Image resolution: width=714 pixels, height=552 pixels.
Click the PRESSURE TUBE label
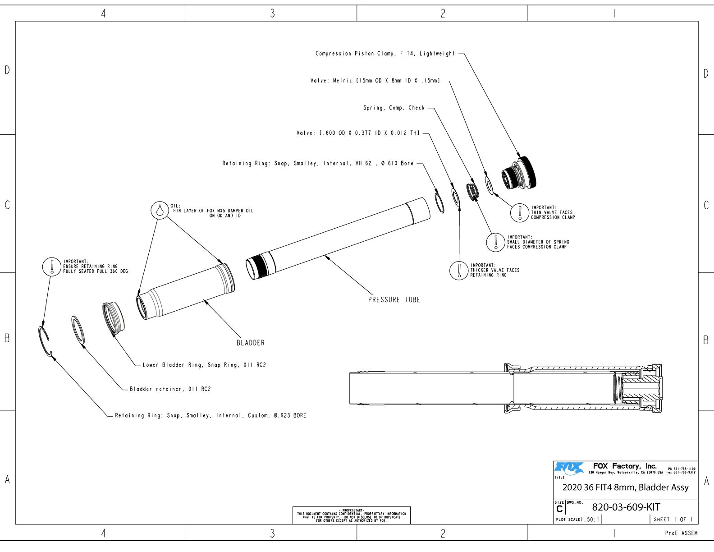point(394,299)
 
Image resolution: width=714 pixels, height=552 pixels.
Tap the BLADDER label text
point(250,343)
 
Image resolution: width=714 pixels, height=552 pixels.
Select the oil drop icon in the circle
point(160,210)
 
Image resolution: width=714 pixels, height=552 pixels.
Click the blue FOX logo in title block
point(569,469)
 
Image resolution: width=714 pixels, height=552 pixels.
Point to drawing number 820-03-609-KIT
point(626,507)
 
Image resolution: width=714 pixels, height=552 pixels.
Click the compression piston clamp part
point(519,173)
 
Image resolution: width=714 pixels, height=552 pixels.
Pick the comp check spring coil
point(472,191)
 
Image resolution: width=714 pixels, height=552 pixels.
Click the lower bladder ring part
point(113,318)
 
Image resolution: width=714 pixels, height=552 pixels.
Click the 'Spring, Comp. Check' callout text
point(394,108)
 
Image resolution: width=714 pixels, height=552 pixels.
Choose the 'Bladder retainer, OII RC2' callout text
point(170,389)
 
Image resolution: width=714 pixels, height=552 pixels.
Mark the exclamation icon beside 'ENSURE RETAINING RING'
point(51,267)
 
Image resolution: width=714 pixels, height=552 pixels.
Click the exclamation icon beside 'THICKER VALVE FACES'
point(459,271)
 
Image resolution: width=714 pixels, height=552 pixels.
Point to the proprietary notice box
point(351,515)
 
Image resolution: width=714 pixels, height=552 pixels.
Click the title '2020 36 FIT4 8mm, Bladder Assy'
point(625,487)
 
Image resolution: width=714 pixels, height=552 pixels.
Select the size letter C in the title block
point(559,509)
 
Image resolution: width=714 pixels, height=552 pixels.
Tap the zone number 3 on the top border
point(272,13)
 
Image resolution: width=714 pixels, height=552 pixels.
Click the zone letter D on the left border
point(7,70)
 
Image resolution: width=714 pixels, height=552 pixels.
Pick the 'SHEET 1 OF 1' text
point(673,520)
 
